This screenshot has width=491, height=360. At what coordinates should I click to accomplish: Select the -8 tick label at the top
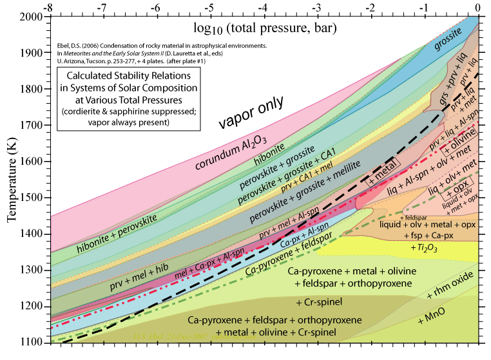(46, 6)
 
